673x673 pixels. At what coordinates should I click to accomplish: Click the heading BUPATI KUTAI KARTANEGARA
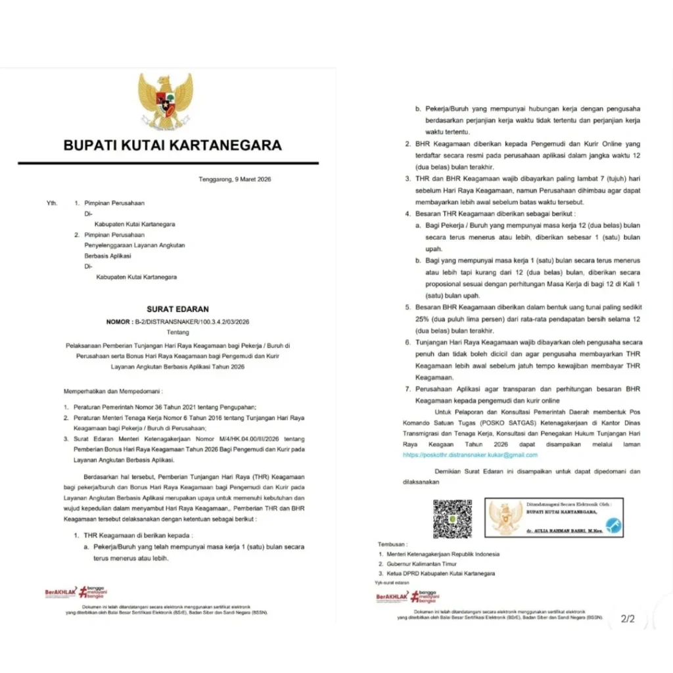pos(172,145)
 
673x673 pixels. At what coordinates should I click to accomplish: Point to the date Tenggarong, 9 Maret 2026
pos(235,179)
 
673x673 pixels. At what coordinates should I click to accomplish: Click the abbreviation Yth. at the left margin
pos(52,203)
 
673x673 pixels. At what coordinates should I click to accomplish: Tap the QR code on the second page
pos(452,519)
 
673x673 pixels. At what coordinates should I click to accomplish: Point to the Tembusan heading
pos(392,545)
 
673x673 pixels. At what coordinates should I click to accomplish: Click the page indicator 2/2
pos(628,618)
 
